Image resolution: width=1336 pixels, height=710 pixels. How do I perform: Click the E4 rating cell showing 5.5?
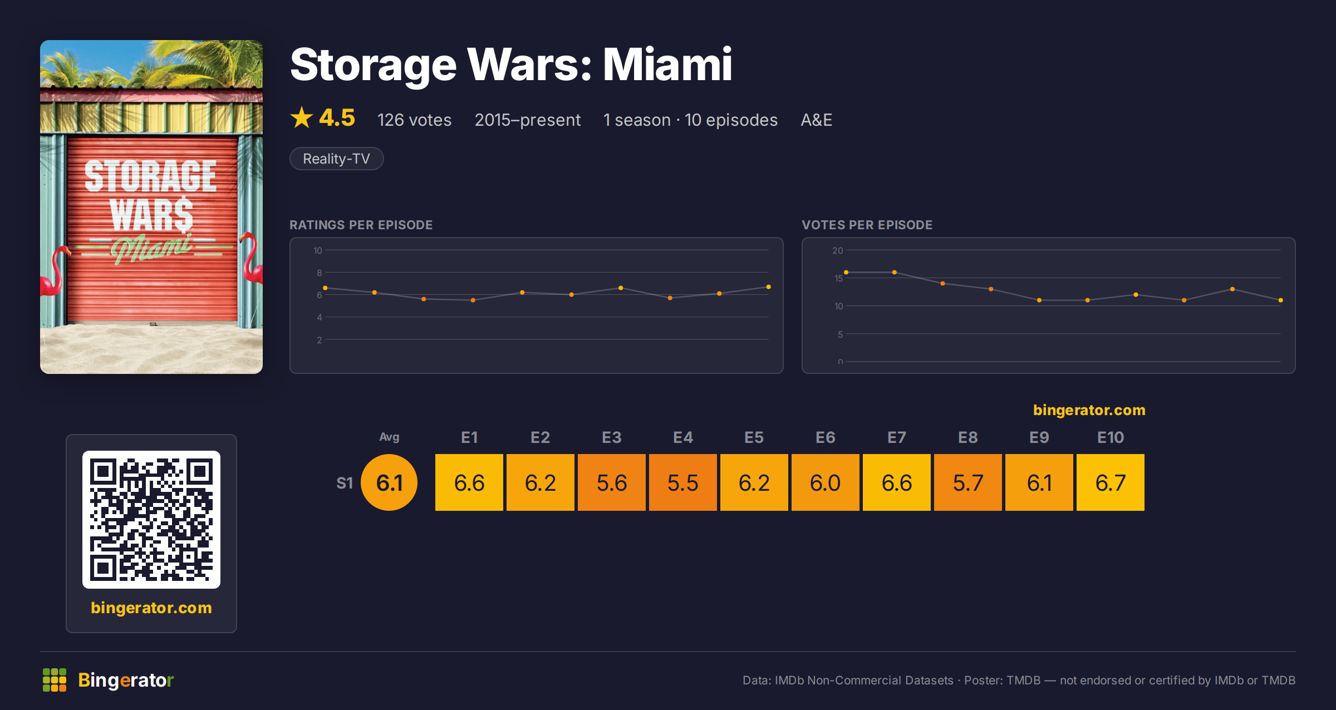[x=682, y=482]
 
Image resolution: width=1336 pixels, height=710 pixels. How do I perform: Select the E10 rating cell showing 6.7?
[x=1110, y=482]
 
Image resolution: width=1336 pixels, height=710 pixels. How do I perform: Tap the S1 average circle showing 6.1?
[x=389, y=482]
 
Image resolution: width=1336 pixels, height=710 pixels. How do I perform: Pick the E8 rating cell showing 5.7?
[x=967, y=482]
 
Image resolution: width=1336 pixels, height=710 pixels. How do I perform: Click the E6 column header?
[x=825, y=437]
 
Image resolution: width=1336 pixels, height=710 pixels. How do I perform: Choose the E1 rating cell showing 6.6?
[x=469, y=482]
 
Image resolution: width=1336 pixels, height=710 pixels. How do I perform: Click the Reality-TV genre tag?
[x=336, y=159]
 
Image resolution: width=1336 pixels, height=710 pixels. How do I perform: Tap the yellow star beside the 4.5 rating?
[x=302, y=117]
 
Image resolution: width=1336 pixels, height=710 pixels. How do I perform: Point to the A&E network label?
[x=816, y=120]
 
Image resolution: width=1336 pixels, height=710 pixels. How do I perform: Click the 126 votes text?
[x=414, y=120]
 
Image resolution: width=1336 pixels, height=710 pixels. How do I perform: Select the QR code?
[x=151, y=520]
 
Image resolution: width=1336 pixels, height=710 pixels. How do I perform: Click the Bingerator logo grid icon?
[x=55, y=680]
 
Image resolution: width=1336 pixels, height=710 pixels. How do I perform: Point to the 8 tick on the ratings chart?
[x=320, y=273]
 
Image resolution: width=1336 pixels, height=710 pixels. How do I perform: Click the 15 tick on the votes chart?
[x=838, y=278]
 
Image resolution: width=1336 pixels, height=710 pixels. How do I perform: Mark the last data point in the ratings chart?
[x=768, y=287]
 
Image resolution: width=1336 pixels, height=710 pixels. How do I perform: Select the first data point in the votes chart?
[x=846, y=272]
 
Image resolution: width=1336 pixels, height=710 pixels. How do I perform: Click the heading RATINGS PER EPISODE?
[x=361, y=225]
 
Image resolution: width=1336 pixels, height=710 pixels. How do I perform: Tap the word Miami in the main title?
[x=667, y=65]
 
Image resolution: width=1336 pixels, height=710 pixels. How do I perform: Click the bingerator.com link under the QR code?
[x=151, y=608]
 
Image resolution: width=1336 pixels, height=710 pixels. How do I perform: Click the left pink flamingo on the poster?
[x=56, y=273]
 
